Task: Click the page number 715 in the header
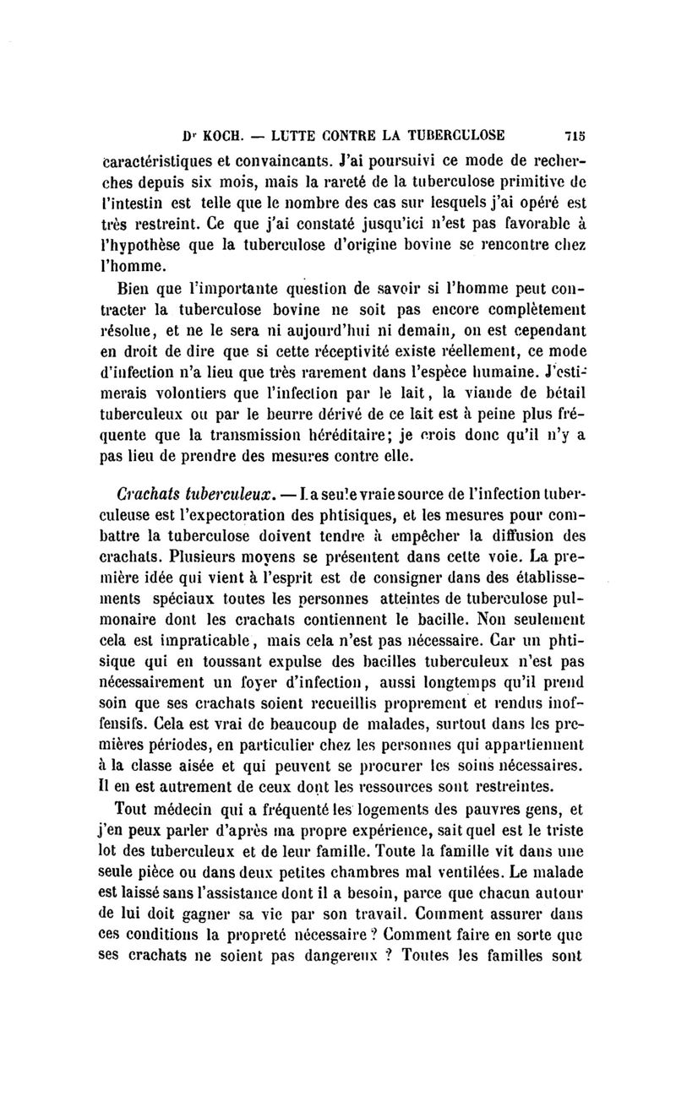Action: tap(575, 134)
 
